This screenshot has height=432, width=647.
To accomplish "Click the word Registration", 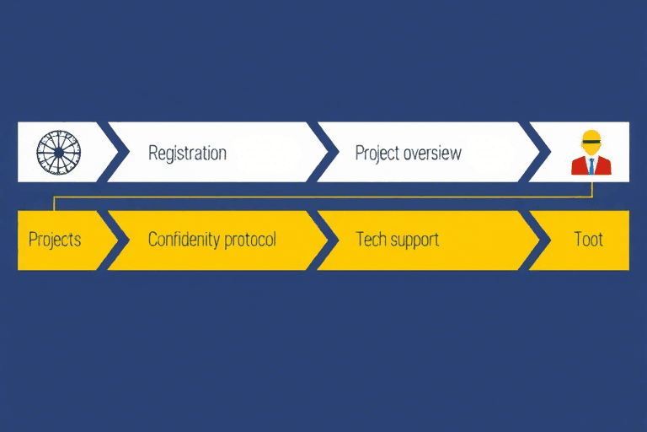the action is pyautogui.click(x=187, y=153).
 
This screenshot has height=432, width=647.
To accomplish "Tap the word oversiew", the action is pyautogui.click(x=432, y=153).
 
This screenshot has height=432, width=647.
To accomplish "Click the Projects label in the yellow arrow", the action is pyautogui.click(x=55, y=240).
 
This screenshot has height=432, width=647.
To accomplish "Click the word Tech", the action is pyautogui.click(x=371, y=240).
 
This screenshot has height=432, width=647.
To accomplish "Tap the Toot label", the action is pyautogui.click(x=588, y=240).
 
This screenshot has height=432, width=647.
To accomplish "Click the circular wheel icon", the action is pyautogui.click(x=59, y=152).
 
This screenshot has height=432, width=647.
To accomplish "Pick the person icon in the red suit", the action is pyautogui.click(x=591, y=153).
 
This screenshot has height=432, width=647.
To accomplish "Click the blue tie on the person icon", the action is pyautogui.click(x=591, y=165).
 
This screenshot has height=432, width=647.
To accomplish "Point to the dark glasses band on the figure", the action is pyautogui.click(x=591, y=142).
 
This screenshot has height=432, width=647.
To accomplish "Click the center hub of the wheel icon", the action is pyautogui.click(x=59, y=153).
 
